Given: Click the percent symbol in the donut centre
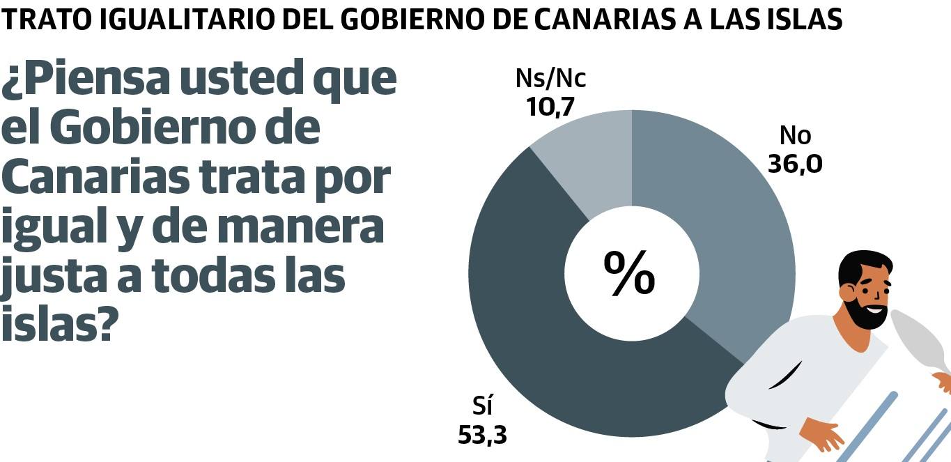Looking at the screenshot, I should (629, 274).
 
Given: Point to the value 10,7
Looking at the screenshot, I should (550, 106).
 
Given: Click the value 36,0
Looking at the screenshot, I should (795, 164).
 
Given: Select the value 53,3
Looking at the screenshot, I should (482, 435).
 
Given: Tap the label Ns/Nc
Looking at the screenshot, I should (550, 79).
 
